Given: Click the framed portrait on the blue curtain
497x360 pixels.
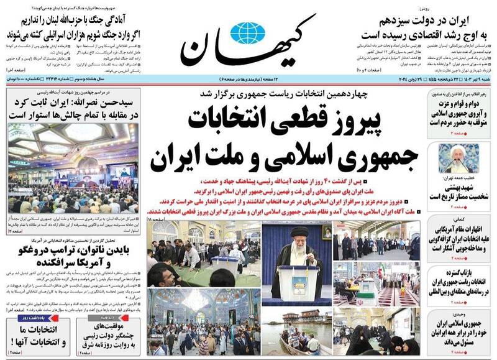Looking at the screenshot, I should click(x=326, y=233).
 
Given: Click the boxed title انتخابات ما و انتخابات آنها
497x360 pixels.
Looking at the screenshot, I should click(x=37, y=336).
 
